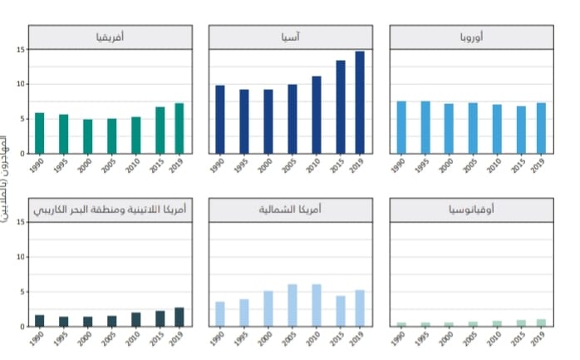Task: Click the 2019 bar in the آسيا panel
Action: (360, 102)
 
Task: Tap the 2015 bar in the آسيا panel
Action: (341, 107)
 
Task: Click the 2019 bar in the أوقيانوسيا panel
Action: (541, 323)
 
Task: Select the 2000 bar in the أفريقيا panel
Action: (87, 136)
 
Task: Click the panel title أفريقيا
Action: (110, 37)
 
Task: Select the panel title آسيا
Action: (292, 37)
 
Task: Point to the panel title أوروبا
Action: (471, 37)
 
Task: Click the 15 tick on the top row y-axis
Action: (18, 49)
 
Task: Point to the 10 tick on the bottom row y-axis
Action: (18, 257)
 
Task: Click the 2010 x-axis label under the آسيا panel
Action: (314, 166)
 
